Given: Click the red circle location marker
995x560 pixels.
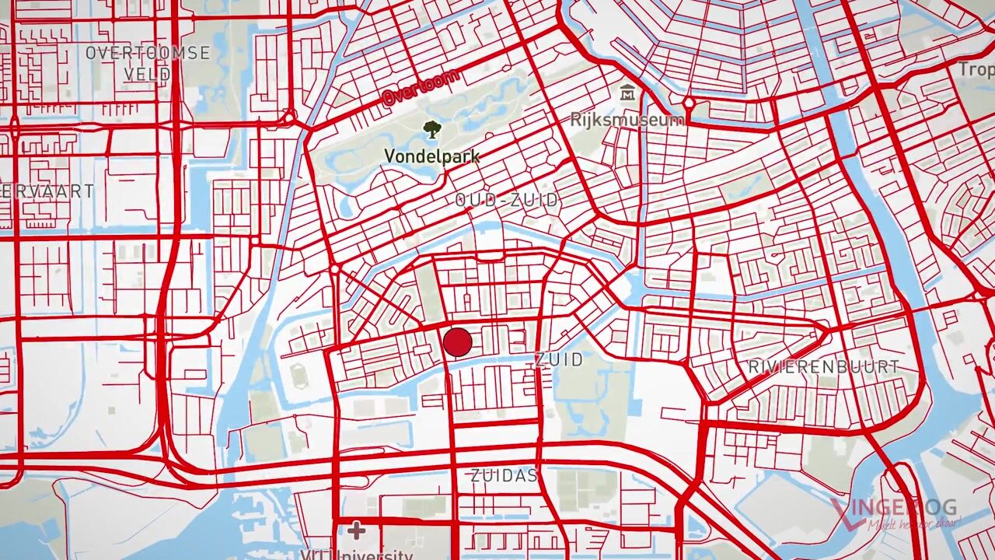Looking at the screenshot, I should click(x=457, y=342).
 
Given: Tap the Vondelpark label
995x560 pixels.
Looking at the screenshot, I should click(x=431, y=156).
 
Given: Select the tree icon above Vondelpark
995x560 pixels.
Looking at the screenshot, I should click(x=431, y=129).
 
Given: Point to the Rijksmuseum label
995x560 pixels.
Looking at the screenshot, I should click(x=627, y=120).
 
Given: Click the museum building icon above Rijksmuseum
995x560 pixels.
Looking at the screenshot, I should click(x=627, y=93).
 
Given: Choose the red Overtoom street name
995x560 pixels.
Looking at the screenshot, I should click(x=421, y=86).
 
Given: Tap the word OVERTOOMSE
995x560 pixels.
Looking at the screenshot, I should click(x=148, y=53).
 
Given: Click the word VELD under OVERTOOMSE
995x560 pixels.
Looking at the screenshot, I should click(x=148, y=75).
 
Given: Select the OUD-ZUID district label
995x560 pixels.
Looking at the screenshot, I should click(x=507, y=200).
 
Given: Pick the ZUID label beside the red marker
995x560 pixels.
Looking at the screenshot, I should click(x=559, y=359).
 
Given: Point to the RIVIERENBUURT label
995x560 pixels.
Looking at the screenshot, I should click(x=824, y=366).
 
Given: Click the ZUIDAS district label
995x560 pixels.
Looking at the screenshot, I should click(x=504, y=475).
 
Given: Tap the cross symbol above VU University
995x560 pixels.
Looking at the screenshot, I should click(x=356, y=530).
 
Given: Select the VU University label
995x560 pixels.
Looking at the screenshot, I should click(x=357, y=555).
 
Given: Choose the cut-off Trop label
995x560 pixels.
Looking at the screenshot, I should click(x=975, y=69).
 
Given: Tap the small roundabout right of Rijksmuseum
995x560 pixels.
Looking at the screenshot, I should click(x=689, y=103).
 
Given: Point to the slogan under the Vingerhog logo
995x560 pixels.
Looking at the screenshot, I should click(x=914, y=524).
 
